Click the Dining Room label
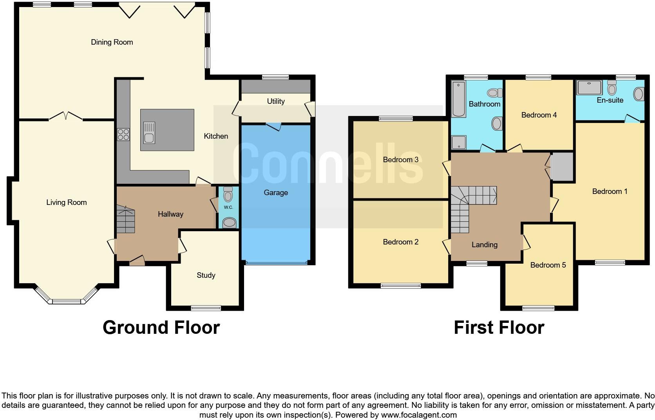(112, 42)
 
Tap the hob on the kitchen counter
(123, 134)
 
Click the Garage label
(276, 193)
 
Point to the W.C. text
(228, 207)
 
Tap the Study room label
(206, 275)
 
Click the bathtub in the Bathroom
(458, 99)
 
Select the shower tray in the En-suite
(589, 88)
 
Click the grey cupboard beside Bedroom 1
(562, 167)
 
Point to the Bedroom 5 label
(548, 265)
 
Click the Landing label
(484, 245)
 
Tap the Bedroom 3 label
(400, 160)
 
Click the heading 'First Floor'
(499, 328)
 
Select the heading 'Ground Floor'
(161, 328)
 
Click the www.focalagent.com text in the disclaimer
(418, 415)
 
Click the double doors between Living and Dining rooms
(66, 116)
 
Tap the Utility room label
(275, 101)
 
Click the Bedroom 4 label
(539, 115)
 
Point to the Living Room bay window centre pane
(66, 302)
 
